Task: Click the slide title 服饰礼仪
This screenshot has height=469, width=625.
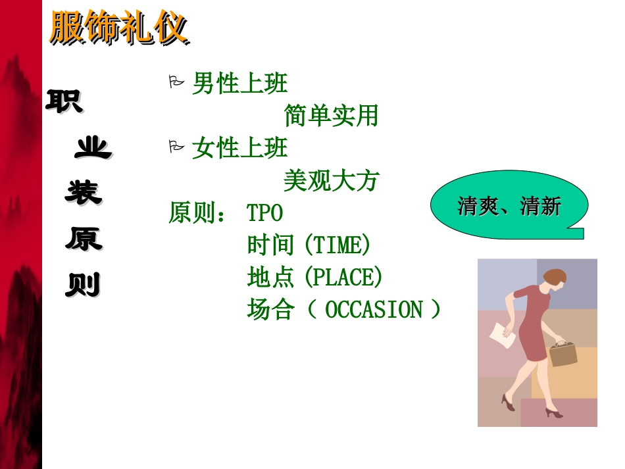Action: pos(118,29)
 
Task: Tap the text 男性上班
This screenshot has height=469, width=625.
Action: pos(239,84)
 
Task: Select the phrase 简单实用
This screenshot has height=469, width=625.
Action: pos(331,116)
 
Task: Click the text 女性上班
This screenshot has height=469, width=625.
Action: pos(239,149)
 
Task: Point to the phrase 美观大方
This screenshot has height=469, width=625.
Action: pos(331,180)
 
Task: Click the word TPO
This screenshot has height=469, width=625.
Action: pos(264,213)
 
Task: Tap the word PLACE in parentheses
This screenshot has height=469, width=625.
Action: pos(341,278)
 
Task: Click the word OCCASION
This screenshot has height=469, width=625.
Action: pos(374,310)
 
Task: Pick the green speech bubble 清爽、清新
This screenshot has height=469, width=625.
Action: pos(509,207)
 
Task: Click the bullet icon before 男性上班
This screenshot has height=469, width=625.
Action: pos(176,82)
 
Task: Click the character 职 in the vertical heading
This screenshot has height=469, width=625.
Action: pos(64,101)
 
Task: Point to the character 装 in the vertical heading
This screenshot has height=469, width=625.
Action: pos(83,193)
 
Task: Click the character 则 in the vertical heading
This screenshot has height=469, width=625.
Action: pos(83,285)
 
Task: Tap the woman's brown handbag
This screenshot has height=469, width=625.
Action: pos(562,353)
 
